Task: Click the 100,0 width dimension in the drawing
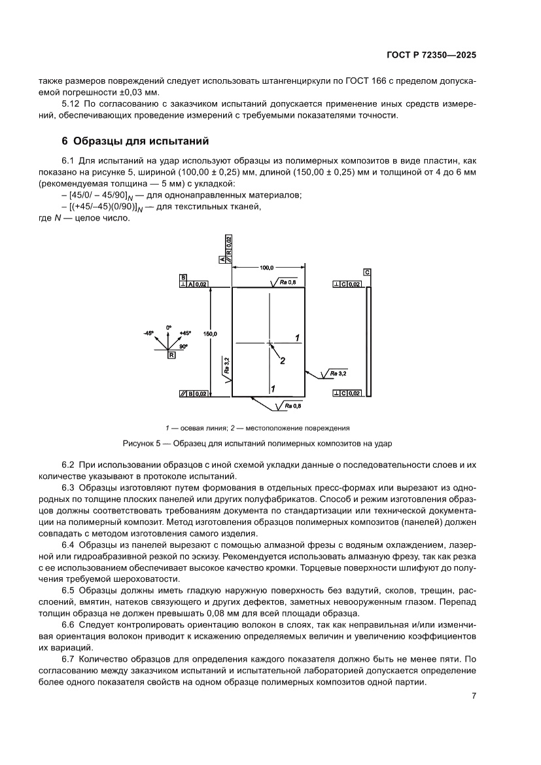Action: (x=266, y=268)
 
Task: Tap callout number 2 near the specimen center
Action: (x=283, y=360)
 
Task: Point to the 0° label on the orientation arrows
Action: (x=168, y=327)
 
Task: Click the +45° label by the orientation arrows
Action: (x=186, y=333)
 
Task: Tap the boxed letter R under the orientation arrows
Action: (x=171, y=355)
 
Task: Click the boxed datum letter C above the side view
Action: (x=367, y=272)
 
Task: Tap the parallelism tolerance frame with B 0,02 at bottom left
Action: (x=194, y=393)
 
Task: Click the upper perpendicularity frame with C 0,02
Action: (x=347, y=284)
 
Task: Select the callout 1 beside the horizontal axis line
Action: (x=297, y=338)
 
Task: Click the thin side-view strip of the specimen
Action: (x=368, y=340)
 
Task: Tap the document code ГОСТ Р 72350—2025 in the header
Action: (x=429, y=56)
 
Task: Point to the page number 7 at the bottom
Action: (x=473, y=696)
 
